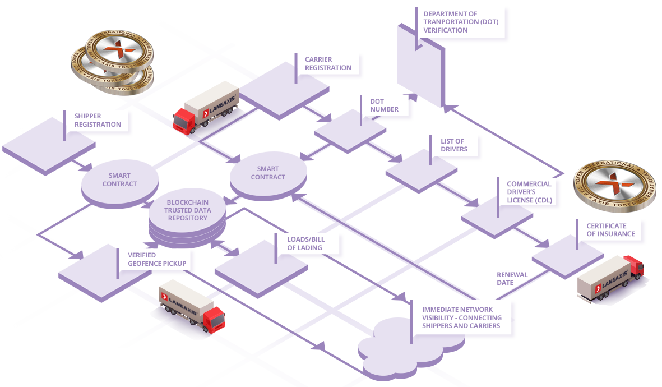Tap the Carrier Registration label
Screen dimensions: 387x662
[328, 63]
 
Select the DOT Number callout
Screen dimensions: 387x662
[385, 105]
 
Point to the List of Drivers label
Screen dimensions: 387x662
[452, 146]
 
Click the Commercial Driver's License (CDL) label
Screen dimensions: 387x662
[529, 192]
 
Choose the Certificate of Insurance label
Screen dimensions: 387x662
[610, 230]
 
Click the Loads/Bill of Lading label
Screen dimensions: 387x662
[305, 243]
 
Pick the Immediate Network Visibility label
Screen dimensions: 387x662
[462, 317]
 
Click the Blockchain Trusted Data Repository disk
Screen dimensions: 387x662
[187, 211]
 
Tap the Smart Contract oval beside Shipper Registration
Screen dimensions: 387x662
[119, 179]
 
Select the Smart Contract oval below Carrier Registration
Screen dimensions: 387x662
[268, 173]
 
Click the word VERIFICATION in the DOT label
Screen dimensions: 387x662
[446, 30]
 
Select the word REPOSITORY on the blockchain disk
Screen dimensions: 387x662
[187, 218]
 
